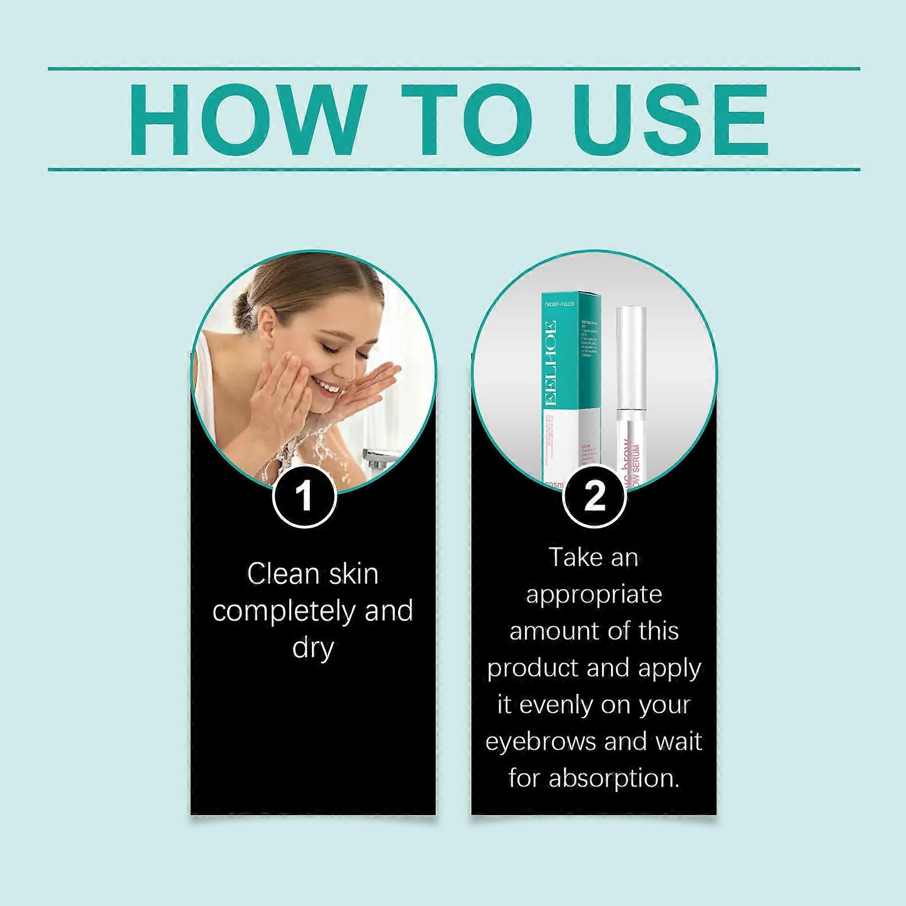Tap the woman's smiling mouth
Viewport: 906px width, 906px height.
click(328, 387)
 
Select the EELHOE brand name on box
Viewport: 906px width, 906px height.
click(549, 362)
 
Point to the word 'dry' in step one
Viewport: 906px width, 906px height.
click(313, 648)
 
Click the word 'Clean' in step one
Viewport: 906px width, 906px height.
click(275, 574)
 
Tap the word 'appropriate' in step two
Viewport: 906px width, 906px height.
click(593, 595)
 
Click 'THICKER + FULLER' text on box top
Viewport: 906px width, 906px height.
click(559, 304)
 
